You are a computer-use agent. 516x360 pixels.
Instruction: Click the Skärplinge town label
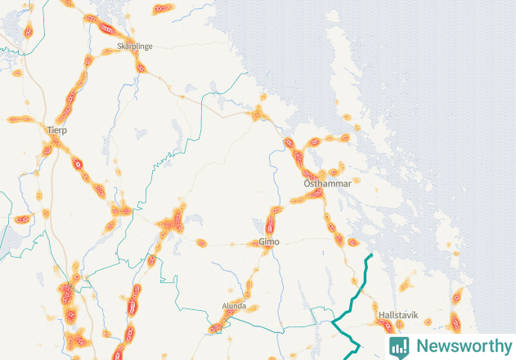point(135,47)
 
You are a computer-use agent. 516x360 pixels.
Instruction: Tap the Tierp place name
point(57,130)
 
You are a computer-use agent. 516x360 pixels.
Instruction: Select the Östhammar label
point(326,184)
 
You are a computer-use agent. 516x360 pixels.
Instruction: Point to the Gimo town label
point(268,242)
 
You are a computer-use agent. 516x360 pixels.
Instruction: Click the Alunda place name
point(234,306)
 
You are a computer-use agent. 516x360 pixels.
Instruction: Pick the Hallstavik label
point(398,314)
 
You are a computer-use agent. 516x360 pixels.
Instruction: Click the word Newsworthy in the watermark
point(460,345)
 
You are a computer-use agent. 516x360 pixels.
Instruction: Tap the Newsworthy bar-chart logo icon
point(400,346)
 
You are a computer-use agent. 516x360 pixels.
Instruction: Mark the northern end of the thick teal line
point(371,256)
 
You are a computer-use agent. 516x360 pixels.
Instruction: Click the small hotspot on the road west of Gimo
point(201,241)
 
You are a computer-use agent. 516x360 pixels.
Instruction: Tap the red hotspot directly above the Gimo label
point(273,221)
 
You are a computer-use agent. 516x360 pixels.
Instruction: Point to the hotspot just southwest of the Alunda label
point(216,328)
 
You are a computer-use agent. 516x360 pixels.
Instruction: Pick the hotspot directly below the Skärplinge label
point(139,66)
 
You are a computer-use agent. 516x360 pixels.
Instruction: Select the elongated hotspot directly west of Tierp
point(20,119)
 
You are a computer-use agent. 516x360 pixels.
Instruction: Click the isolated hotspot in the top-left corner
point(28,31)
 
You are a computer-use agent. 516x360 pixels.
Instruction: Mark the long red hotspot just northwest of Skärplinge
point(108,30)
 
